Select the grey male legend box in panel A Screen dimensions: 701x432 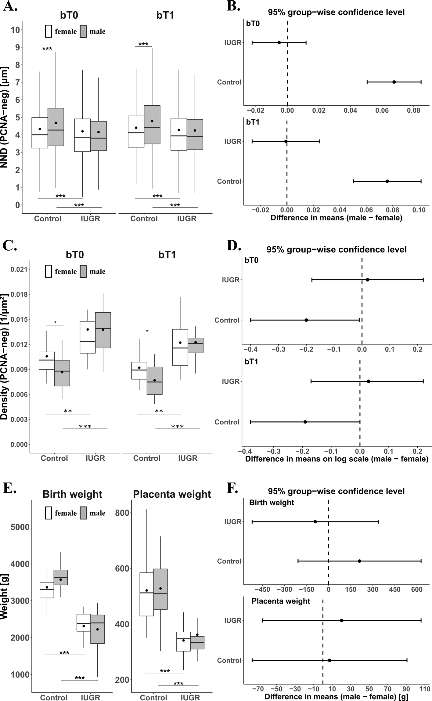[83, 31]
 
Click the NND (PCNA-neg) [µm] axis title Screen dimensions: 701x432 [5, 118]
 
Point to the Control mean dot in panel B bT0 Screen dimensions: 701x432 [394, 82]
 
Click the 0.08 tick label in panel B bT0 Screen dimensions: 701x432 [413, 110]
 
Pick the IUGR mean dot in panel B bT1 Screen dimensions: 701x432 [286, 141]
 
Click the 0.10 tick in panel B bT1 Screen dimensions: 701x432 [419, 210]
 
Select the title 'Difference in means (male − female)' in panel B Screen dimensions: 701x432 [336, 218]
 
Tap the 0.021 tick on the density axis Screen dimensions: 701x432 [19, 269]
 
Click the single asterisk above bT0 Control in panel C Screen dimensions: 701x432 [55, 322]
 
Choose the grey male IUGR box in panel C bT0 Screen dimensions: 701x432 [103, 330]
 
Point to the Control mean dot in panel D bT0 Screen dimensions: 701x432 [306, 320]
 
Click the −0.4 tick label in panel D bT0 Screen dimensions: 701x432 [250, 349]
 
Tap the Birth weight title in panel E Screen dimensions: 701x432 [72, 494]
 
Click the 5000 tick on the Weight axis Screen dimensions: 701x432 [20, 527]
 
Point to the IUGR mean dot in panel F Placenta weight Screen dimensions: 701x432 [341, 620]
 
